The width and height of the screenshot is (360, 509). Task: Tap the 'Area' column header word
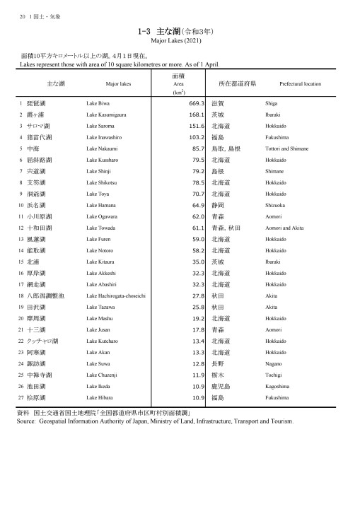tap(179, 83)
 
